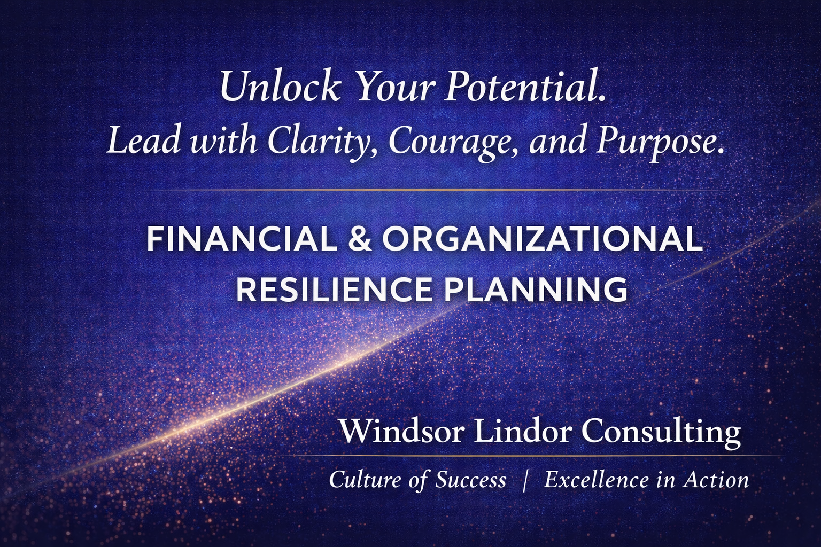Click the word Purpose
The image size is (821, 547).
pos(660,142)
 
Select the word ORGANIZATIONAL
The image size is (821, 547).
pos(542,239)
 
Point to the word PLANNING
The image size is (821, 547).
pos(536,289)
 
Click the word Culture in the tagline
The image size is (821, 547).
pos(365,480)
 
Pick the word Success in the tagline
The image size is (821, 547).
pos(470,480)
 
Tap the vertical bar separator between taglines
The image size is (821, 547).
pos(525,480)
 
